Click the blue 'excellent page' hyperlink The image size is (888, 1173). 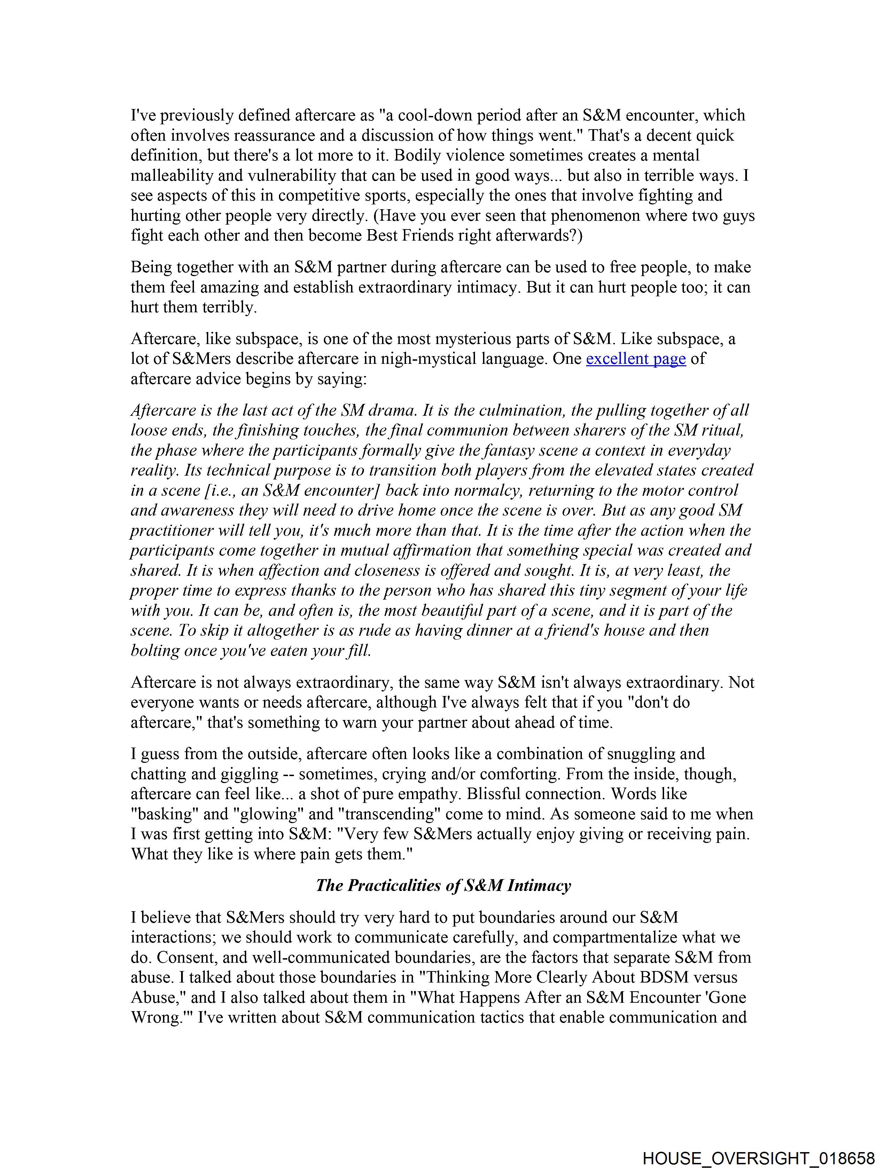(x=636, y=359)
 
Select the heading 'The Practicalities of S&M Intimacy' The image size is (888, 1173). (x=443, y=886)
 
